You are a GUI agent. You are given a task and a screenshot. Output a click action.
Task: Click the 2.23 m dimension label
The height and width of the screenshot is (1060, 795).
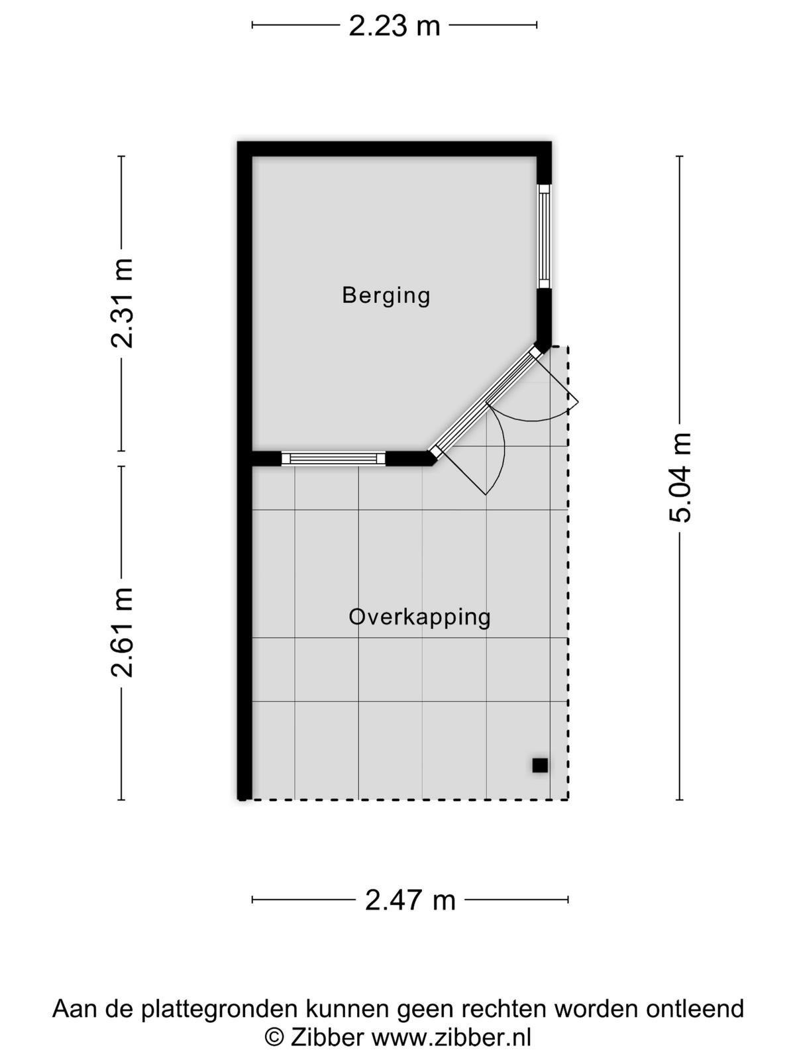(x=394, y=26)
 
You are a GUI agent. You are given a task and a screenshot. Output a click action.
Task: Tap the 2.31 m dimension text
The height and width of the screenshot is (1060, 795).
(x=122, y=303)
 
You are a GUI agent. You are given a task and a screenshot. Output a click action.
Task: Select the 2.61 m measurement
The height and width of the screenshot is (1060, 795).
(x=122, y=632)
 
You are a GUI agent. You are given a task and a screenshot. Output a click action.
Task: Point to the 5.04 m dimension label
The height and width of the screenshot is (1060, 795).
(x=680, y=478)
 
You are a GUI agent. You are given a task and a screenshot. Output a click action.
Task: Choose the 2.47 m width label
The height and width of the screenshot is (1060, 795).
(x=410, y=900)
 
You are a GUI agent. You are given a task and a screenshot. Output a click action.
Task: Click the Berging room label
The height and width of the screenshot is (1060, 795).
(x=386, y=295)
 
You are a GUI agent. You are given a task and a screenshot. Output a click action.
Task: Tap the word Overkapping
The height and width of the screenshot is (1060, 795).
(x=419, y=617)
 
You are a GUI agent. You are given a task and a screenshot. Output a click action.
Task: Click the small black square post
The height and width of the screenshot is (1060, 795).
(x=540, y=765)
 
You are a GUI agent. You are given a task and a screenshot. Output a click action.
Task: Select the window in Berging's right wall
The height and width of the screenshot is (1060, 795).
(x=544, y=237)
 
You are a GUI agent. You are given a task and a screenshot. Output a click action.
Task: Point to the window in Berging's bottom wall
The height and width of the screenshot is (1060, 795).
(x=333, y=458)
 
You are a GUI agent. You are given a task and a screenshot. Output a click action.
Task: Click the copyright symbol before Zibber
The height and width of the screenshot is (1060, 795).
(x=274, y=1037)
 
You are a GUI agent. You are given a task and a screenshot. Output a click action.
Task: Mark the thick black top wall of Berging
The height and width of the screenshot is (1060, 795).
(x=394, y=149)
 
